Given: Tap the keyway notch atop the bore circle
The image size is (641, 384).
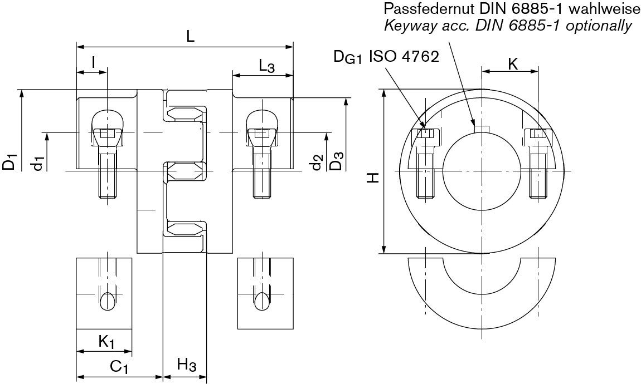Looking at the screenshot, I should tap(481, 129).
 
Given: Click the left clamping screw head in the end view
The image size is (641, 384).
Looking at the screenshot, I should tap(426, 134).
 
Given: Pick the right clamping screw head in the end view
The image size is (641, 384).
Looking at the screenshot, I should tap(538, 134).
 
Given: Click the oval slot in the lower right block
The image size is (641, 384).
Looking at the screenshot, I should tap(260, 301).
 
